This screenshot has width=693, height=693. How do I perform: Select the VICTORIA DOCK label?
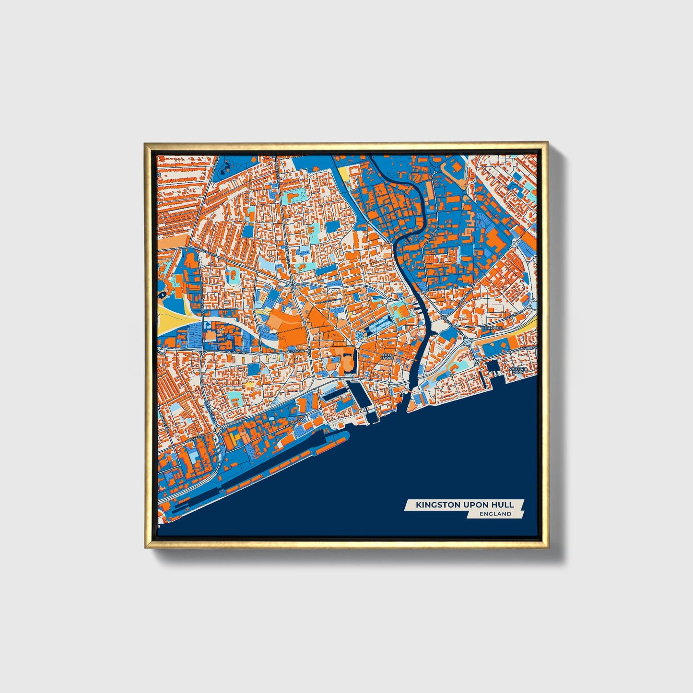click(519, 370)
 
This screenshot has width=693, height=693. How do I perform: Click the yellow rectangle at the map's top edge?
click(345, 174)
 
